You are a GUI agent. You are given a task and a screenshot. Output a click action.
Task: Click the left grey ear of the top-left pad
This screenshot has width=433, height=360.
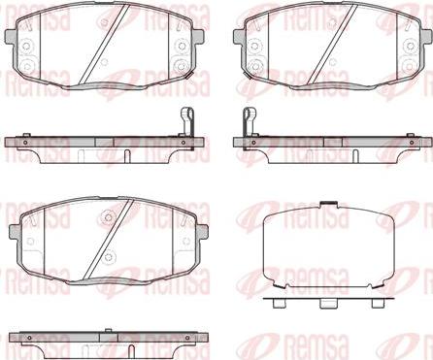tap(11, 37)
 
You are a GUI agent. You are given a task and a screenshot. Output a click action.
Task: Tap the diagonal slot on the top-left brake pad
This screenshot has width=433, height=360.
tap(106, 45)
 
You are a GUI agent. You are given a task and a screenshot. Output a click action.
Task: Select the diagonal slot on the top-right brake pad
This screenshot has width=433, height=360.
tap(333, 45)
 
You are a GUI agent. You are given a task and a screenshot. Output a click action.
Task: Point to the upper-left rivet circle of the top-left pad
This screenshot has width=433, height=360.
tap(26, 46)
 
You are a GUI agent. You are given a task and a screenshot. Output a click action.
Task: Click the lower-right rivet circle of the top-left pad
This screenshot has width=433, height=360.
tap(180, 66)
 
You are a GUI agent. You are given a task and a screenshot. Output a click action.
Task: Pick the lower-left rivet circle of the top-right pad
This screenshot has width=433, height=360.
tap(256, 66)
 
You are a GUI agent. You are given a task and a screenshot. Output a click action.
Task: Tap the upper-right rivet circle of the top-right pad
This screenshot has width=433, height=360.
tap(411, 46)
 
